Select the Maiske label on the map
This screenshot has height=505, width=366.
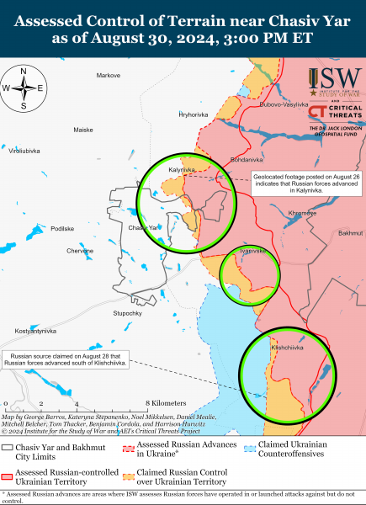[x=82, y=130]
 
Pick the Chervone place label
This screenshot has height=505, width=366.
[x=81, y=251]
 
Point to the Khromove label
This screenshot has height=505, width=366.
[x=303, y=213]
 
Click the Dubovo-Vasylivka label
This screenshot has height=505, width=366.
[x=282, y=104]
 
